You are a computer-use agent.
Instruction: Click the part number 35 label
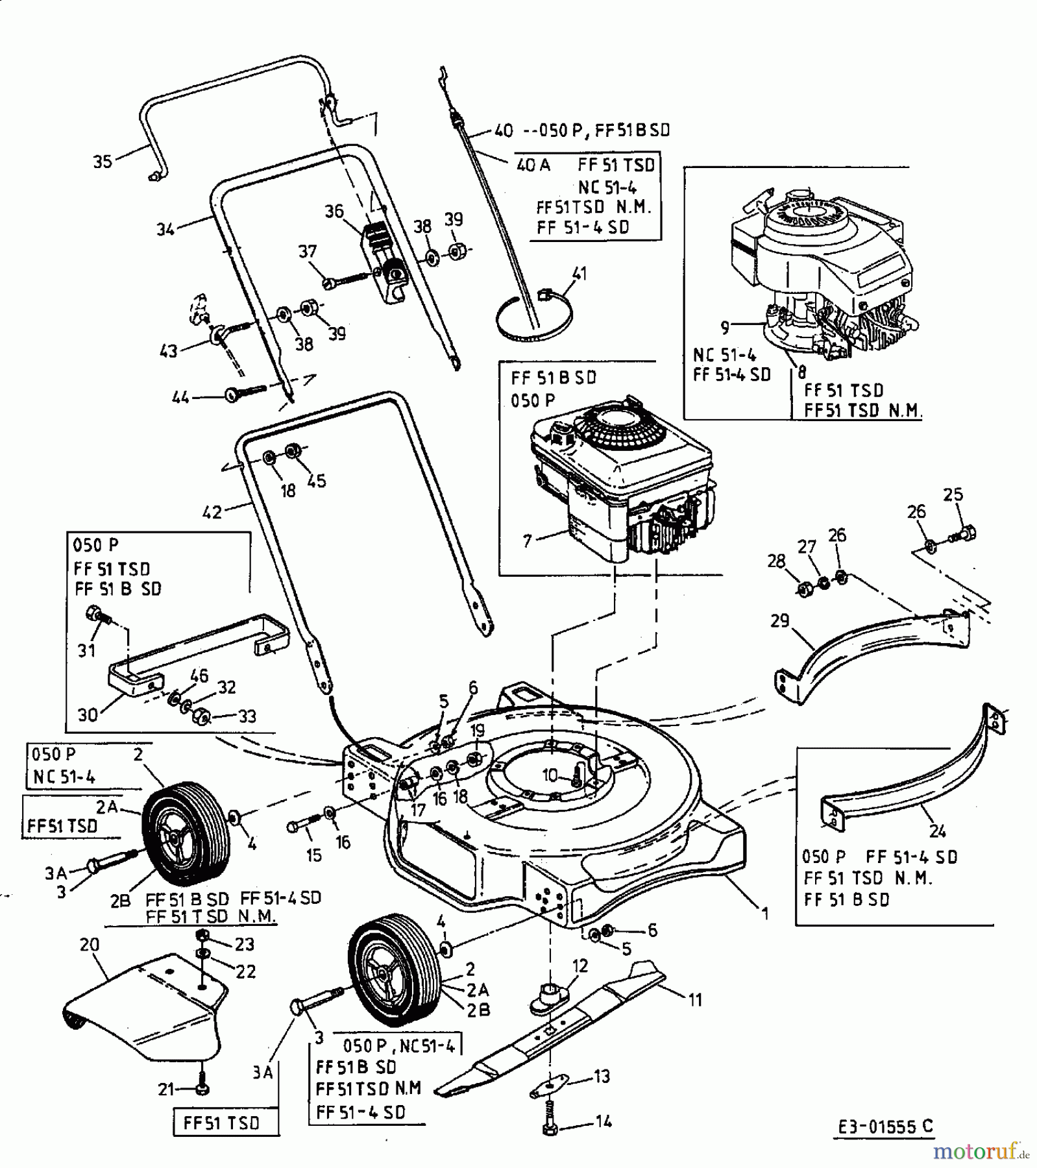103,162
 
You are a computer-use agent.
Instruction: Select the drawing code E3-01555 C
884,1126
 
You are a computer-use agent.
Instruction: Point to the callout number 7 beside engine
527,541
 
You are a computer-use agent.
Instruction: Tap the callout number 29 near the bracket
779,621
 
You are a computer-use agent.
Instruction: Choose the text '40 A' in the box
533,165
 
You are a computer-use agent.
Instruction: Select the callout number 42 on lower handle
212,512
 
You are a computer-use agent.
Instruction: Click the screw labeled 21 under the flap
202,1089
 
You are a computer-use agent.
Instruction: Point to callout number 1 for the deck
765,914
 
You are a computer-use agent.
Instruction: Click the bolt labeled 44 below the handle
243,392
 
